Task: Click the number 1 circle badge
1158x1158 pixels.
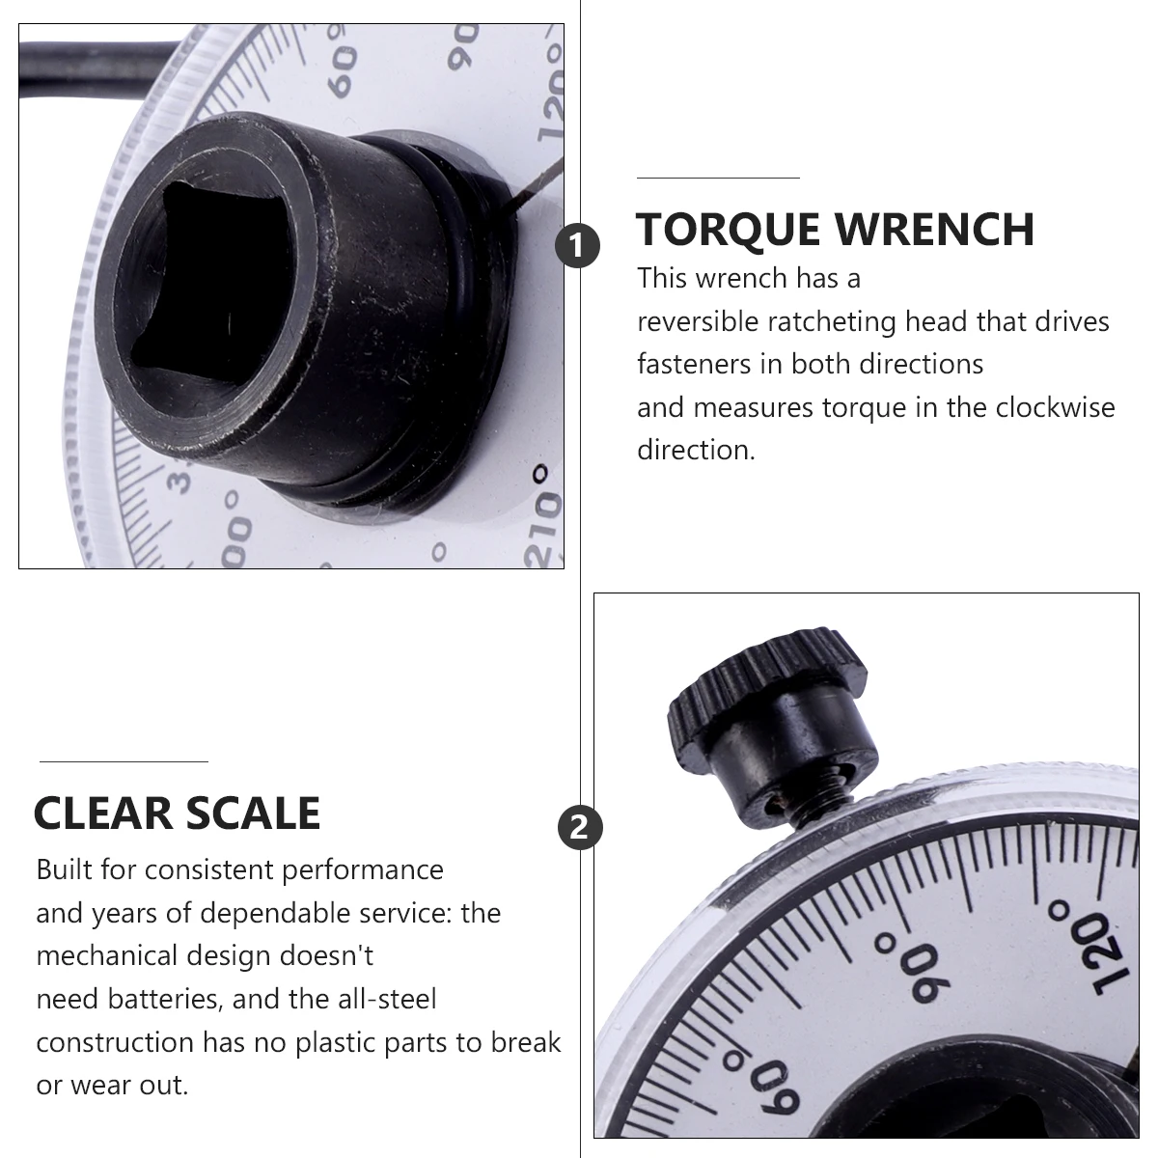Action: [578, 247]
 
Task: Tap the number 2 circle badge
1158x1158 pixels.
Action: [580, 828]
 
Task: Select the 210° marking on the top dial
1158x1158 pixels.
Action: [545, 516]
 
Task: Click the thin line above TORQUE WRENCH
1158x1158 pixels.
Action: [718, 179]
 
